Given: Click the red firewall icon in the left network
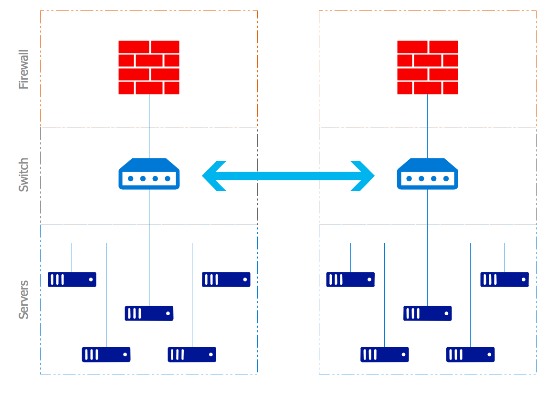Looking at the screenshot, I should click(149, 67).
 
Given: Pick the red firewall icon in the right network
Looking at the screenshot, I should click(427, 67).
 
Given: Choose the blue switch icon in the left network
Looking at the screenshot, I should click(149, 174).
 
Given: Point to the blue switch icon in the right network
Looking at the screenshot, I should click(427, 174).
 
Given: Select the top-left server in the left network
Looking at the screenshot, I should click(72, 279).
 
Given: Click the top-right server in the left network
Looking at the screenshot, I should click(226, 279).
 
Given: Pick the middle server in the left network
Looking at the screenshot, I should click(149, 313).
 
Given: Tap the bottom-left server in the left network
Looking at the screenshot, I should click(106, 354).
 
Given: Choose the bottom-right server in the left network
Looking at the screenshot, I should click(192, 354).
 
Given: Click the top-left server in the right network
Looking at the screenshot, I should click(350, 279).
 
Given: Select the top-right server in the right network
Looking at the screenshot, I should click(505, 279).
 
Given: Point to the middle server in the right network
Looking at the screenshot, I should click(427, 313).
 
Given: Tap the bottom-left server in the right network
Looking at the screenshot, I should click(385, 354).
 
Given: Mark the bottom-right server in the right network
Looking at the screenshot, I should click(470, 354).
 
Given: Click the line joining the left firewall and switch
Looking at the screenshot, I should click(149, 126).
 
